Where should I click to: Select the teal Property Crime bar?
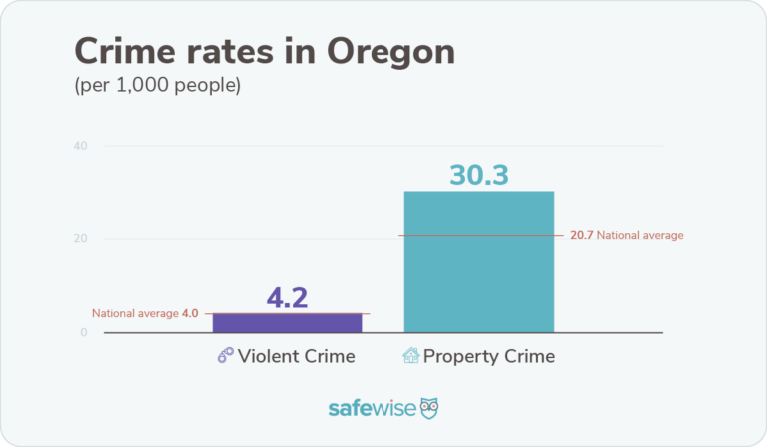pyautogui.click(x=478, y=261)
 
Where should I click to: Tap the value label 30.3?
pyautogui.click(x=478, y=175)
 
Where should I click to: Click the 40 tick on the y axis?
pyautogui.click(x=80, y=146)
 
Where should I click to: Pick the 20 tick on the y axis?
pyautogui.click(x=80, y=239)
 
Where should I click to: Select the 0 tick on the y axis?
pyautogui.click(x=84, y=332)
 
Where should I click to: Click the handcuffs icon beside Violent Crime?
pyautogui.click(x=225, y=356)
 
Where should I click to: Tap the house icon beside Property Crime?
pyautogui.click(x=410, y=356)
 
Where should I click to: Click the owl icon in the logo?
pyautogui.click(x=429, y=409)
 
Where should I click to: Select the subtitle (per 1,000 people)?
pyautogui.click(x=157, y=85)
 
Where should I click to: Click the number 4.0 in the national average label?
pyautogui.click(x=190, y=313)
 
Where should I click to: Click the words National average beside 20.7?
pyautogui.click(x=640, y=236)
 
